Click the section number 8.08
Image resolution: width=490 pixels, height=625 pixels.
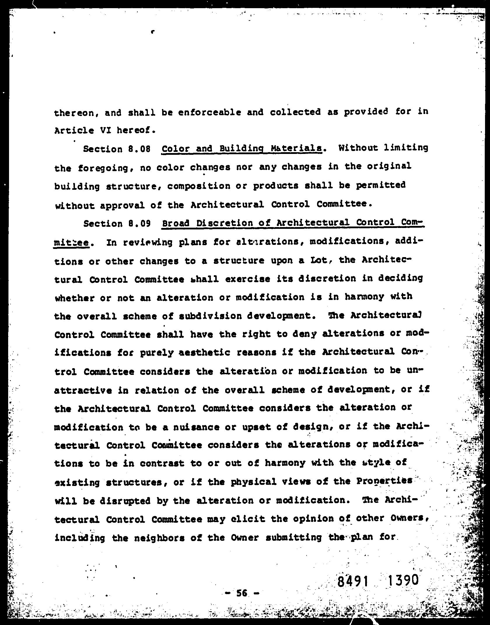[x=139, y=149]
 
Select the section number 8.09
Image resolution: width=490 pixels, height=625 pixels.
[x=139, y=224]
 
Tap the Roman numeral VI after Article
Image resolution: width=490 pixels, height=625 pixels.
[x=105, y=131]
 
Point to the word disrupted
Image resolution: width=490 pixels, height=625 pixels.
[x=125, y=501]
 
